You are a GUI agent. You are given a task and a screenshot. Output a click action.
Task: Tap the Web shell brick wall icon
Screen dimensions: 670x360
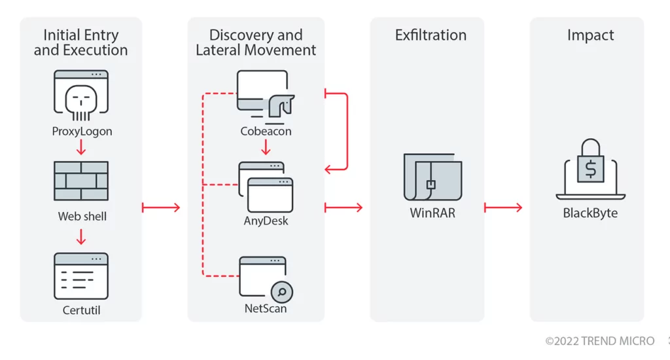(81, 181)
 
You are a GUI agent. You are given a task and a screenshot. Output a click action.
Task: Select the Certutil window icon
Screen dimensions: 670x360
(81, 276)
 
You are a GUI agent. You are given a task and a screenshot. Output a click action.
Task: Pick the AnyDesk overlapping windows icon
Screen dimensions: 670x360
(266, 187)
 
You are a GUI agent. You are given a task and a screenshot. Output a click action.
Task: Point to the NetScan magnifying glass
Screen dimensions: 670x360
(282, 292)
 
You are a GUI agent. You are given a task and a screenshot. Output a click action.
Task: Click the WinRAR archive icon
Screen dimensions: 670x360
(432, 177)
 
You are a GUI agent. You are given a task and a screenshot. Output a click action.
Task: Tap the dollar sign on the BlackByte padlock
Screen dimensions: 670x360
(591, 170)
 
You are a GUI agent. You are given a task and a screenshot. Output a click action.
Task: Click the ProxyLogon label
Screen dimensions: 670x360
(82, 132)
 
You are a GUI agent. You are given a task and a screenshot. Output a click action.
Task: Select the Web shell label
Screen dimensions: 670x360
(82, 217)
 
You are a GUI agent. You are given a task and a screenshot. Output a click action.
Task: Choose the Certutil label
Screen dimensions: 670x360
(81, 310)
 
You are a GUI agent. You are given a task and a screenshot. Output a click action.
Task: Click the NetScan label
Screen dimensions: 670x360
(266, 308)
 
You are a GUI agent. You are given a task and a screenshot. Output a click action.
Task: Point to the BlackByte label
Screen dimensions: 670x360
(590, 213)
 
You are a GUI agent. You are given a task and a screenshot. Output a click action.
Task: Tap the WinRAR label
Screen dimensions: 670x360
(432, 213)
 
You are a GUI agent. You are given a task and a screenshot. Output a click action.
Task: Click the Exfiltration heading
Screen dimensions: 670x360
(431, 35)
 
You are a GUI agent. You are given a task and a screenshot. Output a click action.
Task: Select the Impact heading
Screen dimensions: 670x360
(591, 35)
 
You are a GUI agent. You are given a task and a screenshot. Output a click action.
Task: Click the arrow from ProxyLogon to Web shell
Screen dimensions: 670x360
(81, 147)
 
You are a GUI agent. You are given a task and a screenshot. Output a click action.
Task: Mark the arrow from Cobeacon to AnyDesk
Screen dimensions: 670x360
(266, 147)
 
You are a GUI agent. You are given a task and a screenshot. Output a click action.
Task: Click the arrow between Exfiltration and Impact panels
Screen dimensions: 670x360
(503, 207)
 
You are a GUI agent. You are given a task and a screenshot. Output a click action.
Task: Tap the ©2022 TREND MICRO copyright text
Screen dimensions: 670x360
(600, 341)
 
